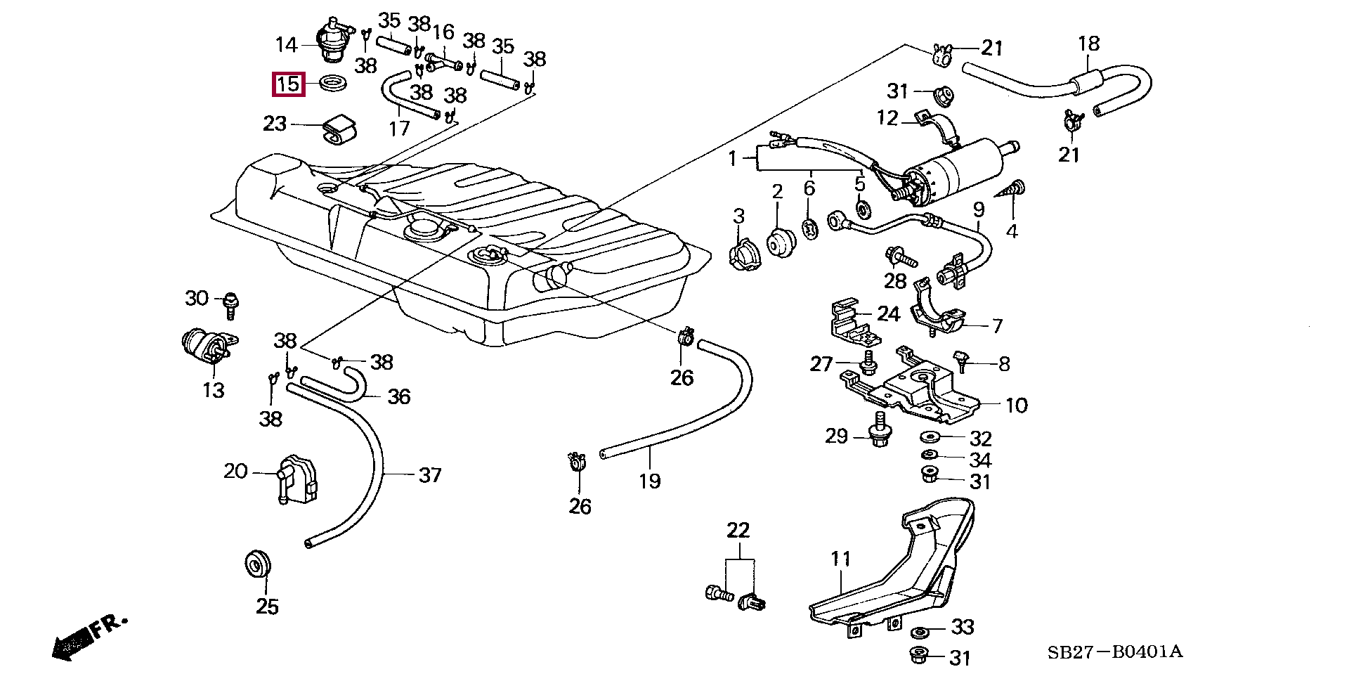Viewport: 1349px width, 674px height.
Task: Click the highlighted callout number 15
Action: [288, 85]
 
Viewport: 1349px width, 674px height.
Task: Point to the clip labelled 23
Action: [339, 129]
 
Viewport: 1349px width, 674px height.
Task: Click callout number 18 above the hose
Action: [1088, 44]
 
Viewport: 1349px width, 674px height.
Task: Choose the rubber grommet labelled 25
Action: [257, 564]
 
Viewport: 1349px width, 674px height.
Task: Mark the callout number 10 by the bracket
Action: [1016, 406]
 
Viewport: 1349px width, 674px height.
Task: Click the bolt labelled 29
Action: [877, 430]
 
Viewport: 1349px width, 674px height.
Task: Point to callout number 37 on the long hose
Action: [429, 476]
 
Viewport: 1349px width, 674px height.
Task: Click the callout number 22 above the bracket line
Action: [738, 530]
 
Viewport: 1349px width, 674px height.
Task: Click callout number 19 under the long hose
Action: [650, 481]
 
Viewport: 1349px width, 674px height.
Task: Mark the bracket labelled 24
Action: [852, 324]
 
